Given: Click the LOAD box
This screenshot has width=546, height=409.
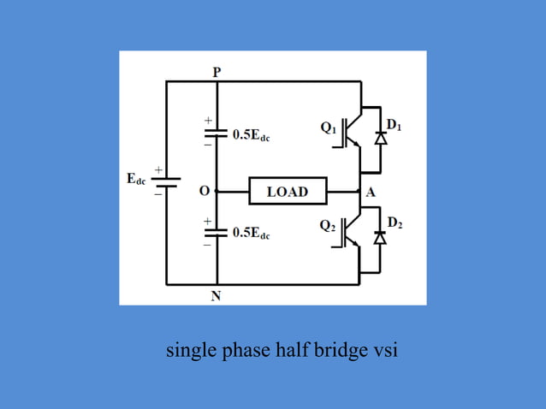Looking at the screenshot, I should (x=287, y=191).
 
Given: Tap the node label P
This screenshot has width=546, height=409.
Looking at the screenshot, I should (x=217, y=73).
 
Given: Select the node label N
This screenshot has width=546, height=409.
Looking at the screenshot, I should (x=217, y=296).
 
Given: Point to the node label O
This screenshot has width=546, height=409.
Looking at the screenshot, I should (x=205, y=191).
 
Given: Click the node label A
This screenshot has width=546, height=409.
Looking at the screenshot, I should (x=371, y=192).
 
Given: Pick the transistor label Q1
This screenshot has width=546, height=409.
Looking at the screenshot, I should (x=329, y=128).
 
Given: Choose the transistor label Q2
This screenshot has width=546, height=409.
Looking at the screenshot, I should (x=329, y=226).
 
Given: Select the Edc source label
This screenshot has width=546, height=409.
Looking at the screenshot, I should (x=136, y=180).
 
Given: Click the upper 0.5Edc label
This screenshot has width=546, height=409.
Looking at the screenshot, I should (x=252, y=135).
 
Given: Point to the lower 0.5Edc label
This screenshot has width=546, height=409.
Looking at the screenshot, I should (x=252, y=234).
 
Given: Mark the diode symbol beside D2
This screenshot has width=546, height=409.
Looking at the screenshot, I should (x=381, y=237).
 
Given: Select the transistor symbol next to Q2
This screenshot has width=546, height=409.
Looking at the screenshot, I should (x=351, y=231).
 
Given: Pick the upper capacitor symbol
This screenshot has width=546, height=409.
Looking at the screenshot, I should (x=217, y=132).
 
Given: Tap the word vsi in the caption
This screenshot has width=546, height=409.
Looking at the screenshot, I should (x=386, y=352).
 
